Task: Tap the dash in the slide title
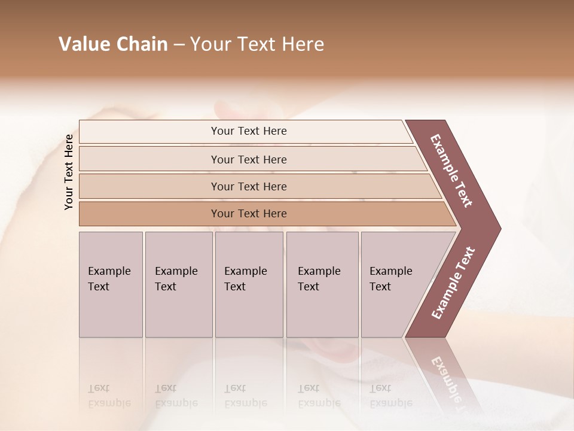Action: tap(179, 45)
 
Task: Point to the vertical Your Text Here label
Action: tap(69, 172)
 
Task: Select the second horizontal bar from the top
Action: tap(249, 159)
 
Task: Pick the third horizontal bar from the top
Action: tap(249, 186)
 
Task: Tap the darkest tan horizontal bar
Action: tap(249, 214)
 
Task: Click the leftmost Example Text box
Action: tap(111, 284)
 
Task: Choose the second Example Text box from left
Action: tap(178, 284)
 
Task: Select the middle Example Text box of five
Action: tap(249, 284)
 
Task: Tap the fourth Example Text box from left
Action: tap(322, 284)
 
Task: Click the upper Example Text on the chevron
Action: tap(452, 171)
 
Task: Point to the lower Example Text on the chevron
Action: tap(453, 283)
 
